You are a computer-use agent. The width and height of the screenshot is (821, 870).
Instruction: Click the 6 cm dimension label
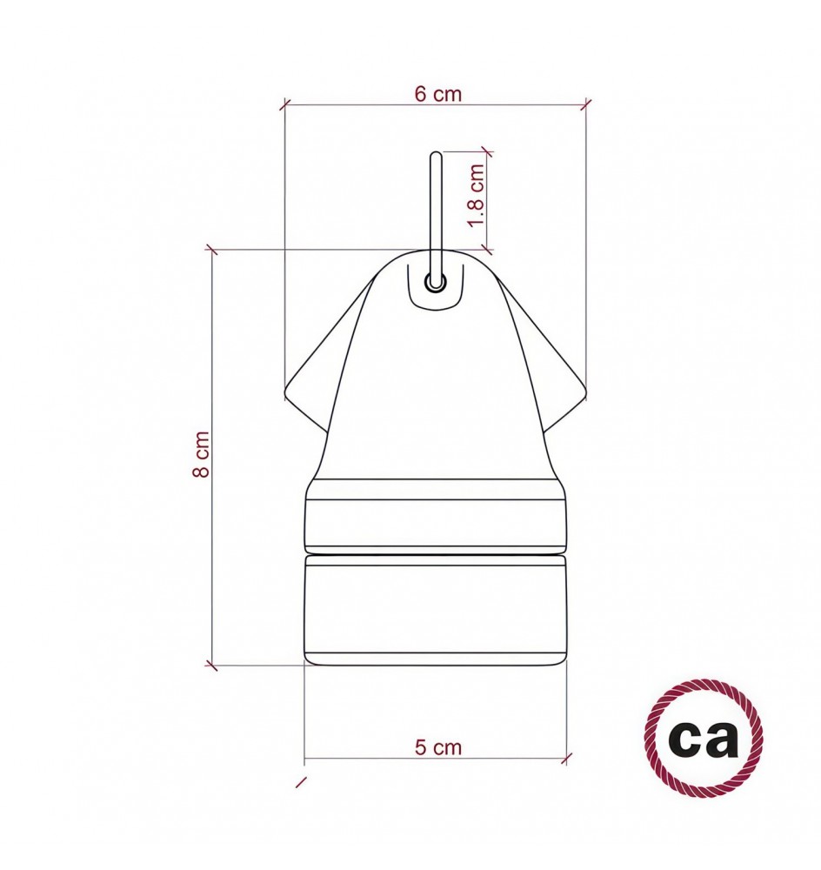(x=437, y=94)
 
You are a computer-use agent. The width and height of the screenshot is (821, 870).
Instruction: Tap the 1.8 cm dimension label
(x=477, y=195)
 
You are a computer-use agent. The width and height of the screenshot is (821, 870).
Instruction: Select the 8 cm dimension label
(x=201, y=454)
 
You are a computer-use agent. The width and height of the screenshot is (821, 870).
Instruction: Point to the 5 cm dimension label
(x=437, y=747)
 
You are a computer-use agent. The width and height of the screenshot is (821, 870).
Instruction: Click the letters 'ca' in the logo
(x=704, y=739)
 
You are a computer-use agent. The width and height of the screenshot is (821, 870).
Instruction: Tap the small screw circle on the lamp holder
(x=436, y=283)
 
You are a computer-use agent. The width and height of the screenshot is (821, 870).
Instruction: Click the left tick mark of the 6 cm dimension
(x=284, y=105)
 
